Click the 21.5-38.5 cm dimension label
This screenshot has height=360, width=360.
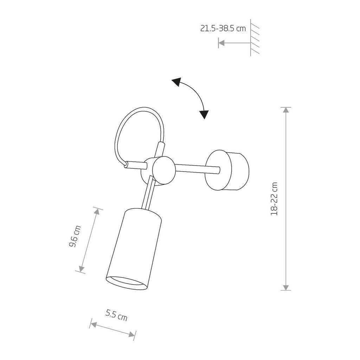(223, 28)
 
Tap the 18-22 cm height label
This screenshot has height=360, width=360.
(274, 199)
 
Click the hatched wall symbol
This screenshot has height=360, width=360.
(255, 38)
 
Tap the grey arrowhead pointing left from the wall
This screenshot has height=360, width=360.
(221, 43)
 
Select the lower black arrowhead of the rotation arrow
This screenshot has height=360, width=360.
(204, 115)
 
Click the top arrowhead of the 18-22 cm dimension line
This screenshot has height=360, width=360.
(286, 110)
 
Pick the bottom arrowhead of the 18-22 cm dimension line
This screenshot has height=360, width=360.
(286, 288)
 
